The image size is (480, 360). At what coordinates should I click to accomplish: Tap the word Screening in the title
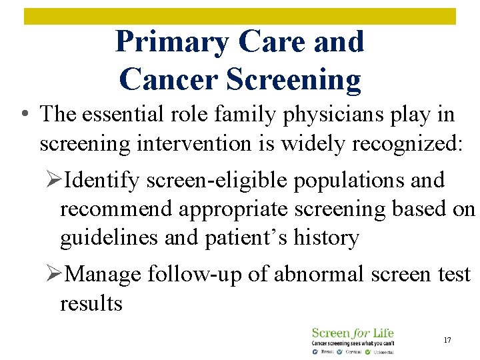[x=294, y=79]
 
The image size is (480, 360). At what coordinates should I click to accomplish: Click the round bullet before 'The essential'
[x=25, y=115]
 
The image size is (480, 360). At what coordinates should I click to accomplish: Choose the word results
[x=91, y=303]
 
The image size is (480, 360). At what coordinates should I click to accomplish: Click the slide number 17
[x=447, y=340]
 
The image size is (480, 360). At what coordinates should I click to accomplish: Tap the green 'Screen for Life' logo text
[x=353, y=333]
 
